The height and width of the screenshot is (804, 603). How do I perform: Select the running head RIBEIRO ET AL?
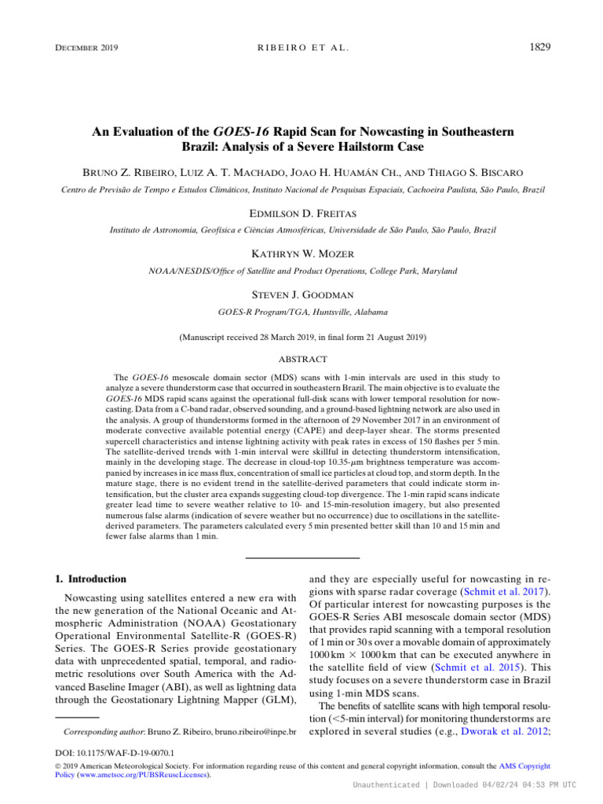(x=302, y=49)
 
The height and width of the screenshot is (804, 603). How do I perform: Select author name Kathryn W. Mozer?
(x=302, y=254)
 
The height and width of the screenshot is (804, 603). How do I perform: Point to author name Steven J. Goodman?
(x=302, y=294)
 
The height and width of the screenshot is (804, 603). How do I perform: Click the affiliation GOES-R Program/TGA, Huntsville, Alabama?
(x=302, y=312)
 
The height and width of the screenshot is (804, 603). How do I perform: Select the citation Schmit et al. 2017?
(x=496, y=591)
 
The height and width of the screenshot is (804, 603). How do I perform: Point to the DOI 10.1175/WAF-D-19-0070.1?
(x=111, y=751)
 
